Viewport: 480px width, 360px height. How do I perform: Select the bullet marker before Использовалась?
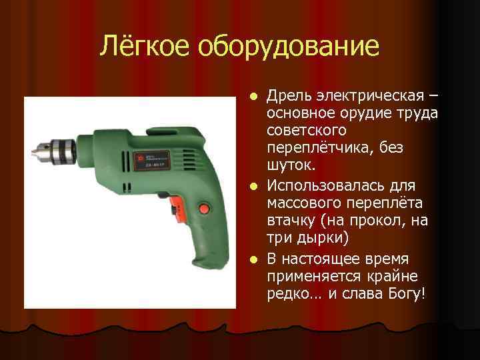point(253,185)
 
